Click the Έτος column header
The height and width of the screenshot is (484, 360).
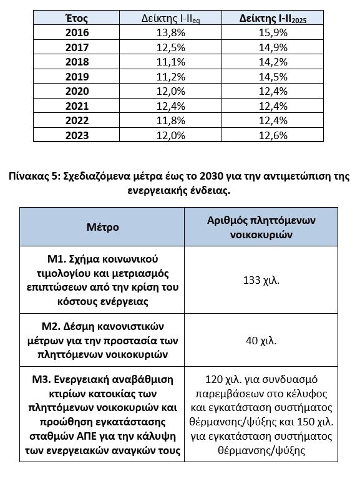coord(77,18)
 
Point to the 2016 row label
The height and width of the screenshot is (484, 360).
coord(77,32)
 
